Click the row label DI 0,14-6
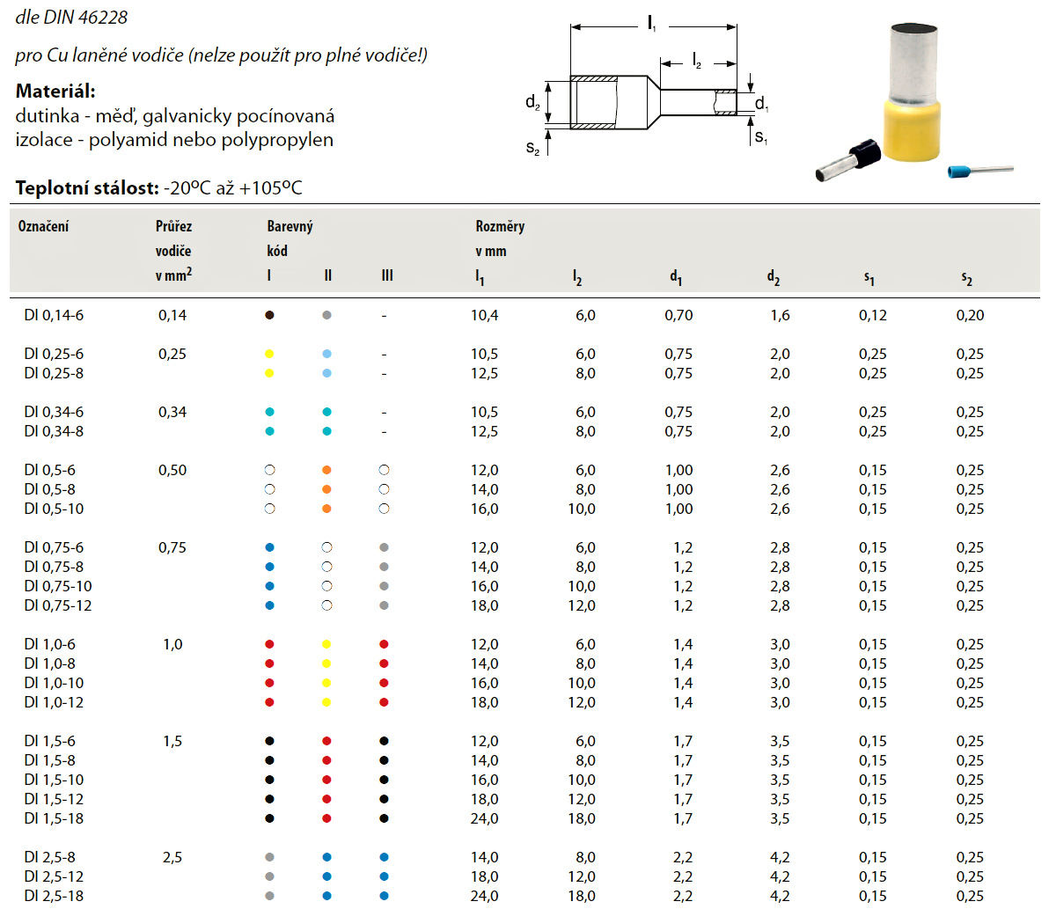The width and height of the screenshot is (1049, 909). pos(53,315)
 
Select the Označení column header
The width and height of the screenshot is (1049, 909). pos(43,226)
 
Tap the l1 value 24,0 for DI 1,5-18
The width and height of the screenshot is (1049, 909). pos(484,818)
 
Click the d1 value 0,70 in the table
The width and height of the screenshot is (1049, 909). pos(679,315)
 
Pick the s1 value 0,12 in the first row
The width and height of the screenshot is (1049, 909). pos(873,315)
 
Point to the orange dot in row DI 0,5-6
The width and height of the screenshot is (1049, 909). pos(326,470)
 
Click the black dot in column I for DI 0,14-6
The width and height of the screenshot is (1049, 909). pos(270,315)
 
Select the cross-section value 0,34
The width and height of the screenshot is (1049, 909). pos(172,412)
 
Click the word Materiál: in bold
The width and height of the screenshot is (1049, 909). pos(55,91)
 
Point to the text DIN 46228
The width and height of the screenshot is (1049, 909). pos(87,18)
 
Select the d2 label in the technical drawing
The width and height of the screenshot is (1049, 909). pos(532,103)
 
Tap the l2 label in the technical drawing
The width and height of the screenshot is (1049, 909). pos(696,60)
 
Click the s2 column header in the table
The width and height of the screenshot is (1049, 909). pos(966,278)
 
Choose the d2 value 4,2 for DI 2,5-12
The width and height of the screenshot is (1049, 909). pos(780,876)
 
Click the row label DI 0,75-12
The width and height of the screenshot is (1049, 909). pos(58,605)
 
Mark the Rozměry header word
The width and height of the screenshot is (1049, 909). pos(500,226)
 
